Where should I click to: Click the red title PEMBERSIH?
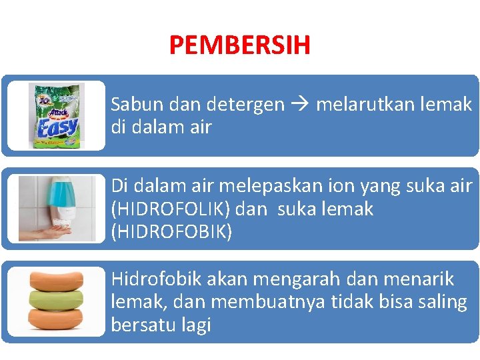pos(239,45)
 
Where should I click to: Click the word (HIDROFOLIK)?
pos(170,209)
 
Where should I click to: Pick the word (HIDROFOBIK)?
pos(171,232)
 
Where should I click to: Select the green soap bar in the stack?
pos(56,297)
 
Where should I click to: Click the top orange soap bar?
pos(56,279)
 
